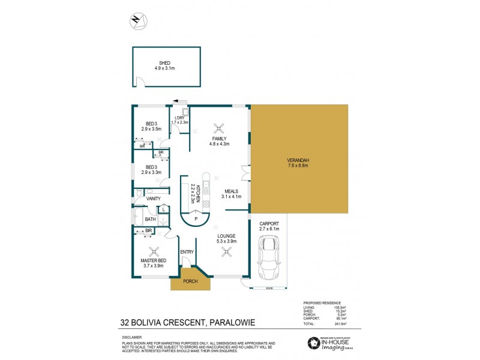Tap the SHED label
pos(164,62)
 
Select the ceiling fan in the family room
pos(219,127)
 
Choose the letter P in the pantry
pos(195,220)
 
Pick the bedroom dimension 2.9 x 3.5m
pos(152,128)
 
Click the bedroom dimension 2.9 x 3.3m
pos(152,172)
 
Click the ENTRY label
pos(187,252)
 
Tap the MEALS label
pos(232,191)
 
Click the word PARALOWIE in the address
pos(231,323)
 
